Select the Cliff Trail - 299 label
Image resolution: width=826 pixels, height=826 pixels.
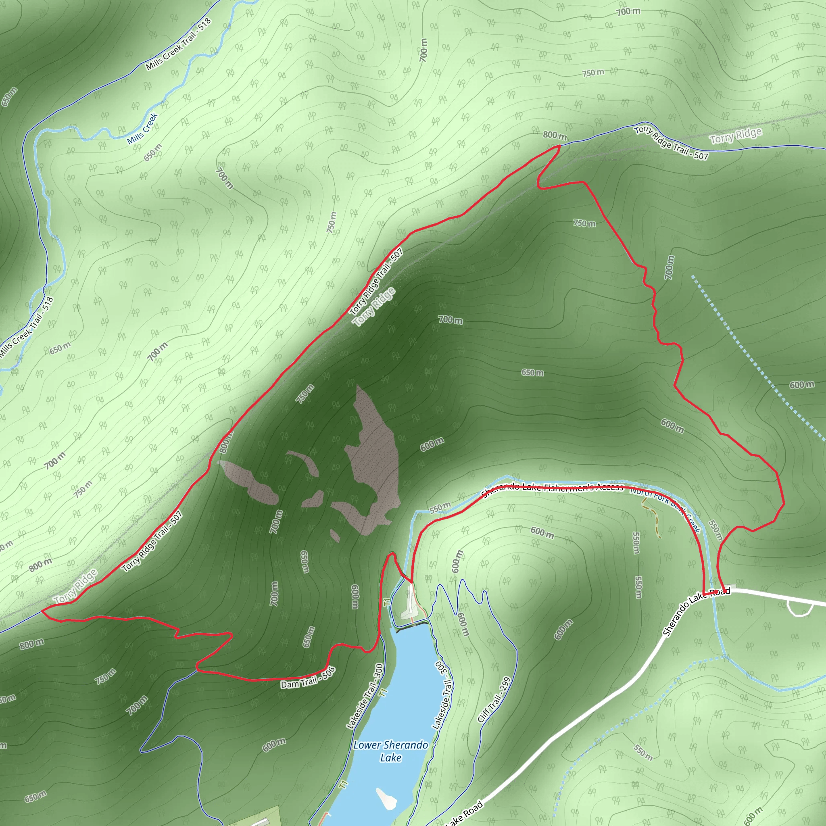point(494,699)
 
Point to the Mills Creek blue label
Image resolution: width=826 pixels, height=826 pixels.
point(142,129)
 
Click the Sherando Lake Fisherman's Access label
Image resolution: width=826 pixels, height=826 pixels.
point(553,489)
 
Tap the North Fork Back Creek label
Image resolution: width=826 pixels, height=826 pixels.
point(665,510)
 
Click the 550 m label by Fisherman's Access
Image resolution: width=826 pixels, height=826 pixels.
point(440,507)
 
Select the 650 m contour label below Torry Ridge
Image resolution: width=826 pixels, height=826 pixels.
point(532,373)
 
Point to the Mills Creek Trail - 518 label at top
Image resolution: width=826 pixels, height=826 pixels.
point(179,44)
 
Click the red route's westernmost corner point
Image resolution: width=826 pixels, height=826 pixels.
point(42,611)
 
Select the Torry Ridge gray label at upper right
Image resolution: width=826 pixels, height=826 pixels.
point(735,136)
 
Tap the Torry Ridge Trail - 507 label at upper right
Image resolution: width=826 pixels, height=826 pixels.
point(671,143)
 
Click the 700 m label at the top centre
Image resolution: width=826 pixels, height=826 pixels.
point(423,50)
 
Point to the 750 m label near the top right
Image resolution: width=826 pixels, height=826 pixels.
point(593,73)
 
